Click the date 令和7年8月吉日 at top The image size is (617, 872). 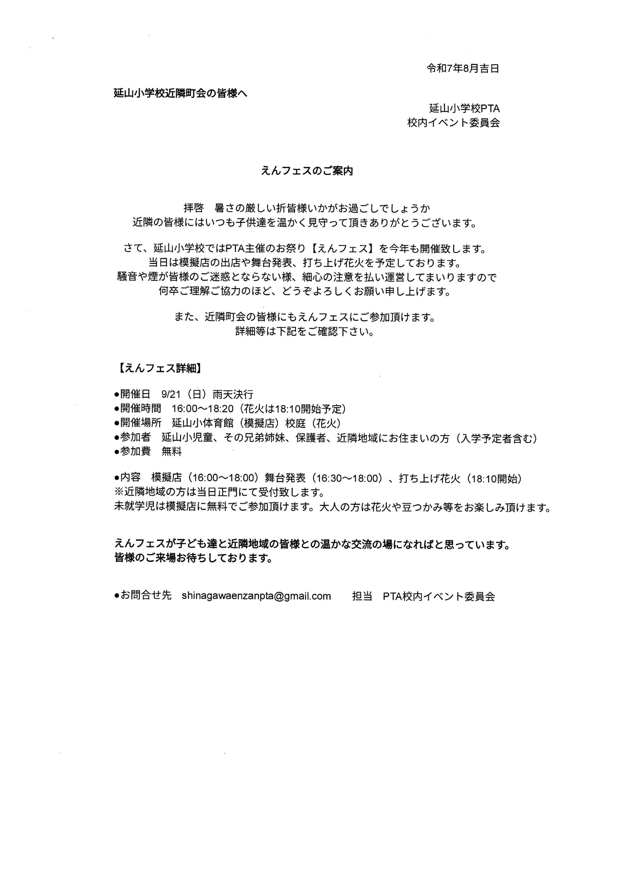pos(462,69)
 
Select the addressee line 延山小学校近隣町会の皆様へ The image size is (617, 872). pos(181,93)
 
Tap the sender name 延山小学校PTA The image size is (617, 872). pos(464,109)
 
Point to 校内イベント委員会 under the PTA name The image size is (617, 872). pos(453,123)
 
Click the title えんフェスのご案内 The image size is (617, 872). pos(307,171)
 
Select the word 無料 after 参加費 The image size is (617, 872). pos(172,452)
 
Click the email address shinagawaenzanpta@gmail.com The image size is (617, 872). pos(256,596)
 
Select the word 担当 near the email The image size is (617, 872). pos(362,596)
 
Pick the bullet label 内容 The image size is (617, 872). pos(130,479)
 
